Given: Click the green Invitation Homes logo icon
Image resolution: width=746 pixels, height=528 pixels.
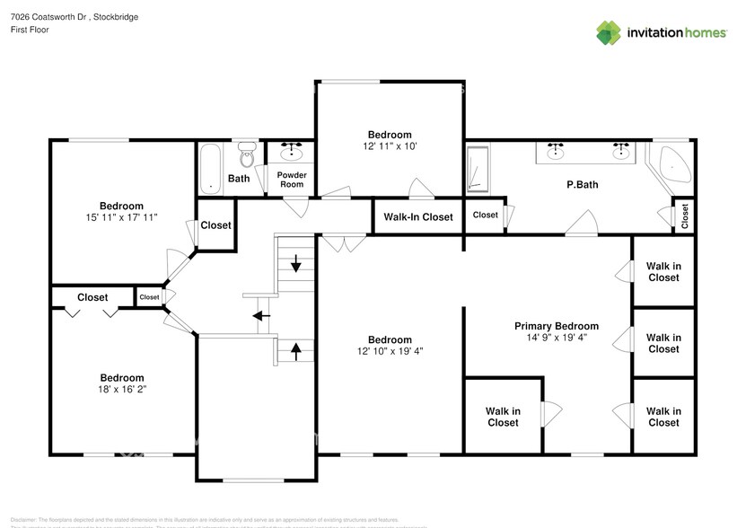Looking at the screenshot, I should click(610, 32).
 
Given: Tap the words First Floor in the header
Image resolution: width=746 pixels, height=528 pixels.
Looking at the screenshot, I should click(30, 30).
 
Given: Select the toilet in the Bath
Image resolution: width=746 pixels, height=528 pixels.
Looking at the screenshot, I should click(247, 158).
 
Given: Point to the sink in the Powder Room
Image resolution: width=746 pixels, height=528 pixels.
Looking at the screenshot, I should click(292, 153).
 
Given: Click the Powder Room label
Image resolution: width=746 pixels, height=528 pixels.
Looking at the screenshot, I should click(291, 180).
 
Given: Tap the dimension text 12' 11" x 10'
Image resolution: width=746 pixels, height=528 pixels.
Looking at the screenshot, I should click(390, 145).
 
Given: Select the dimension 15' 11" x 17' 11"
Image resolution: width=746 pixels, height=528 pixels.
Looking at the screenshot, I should click(121, 217).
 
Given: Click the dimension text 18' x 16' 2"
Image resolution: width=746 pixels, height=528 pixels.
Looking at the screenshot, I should click(121, 390).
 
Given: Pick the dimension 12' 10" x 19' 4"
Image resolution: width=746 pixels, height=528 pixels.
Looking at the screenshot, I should click(390, 351).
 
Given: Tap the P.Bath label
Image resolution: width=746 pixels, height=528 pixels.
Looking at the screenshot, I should click(582, 185).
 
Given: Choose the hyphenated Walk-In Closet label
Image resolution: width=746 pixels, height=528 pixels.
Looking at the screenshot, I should click(418, 216).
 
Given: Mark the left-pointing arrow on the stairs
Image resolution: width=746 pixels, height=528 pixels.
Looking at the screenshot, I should click(261, 315).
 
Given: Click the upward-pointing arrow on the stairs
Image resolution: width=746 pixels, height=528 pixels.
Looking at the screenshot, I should click(295, 348).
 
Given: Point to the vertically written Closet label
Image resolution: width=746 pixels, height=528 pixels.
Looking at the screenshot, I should click(685, 215).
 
